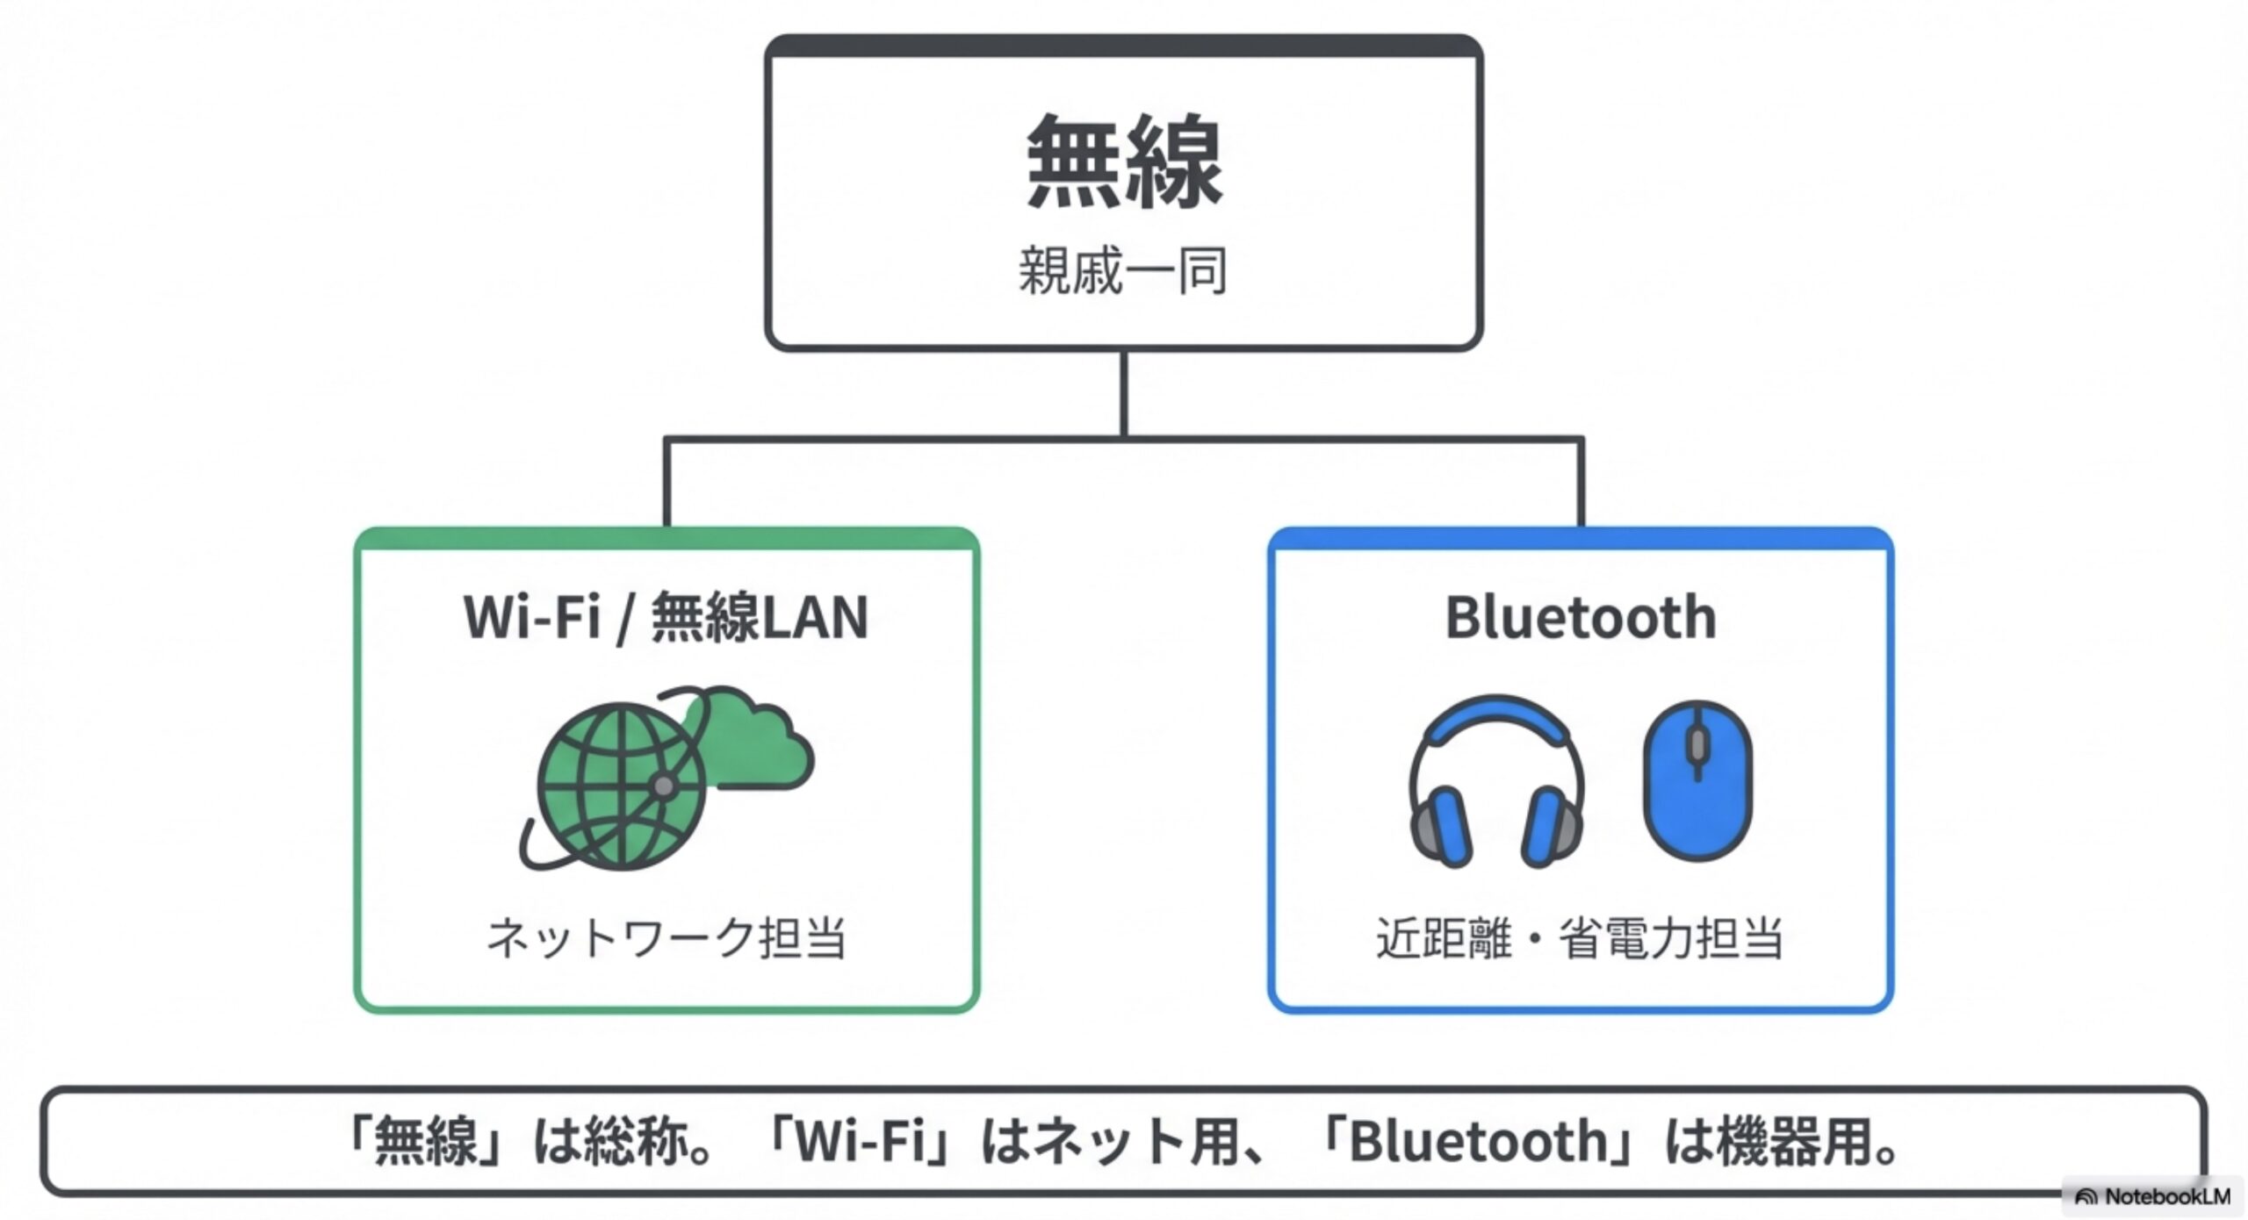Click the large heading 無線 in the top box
1124,162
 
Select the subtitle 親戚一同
1122,270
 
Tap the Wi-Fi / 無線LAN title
666,618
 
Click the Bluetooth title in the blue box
1581,618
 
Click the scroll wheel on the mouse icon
1697,746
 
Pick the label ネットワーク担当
666,937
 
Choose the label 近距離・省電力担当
1579,937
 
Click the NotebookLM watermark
2153,1196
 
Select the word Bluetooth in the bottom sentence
1478,1141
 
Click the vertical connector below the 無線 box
1124,395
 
